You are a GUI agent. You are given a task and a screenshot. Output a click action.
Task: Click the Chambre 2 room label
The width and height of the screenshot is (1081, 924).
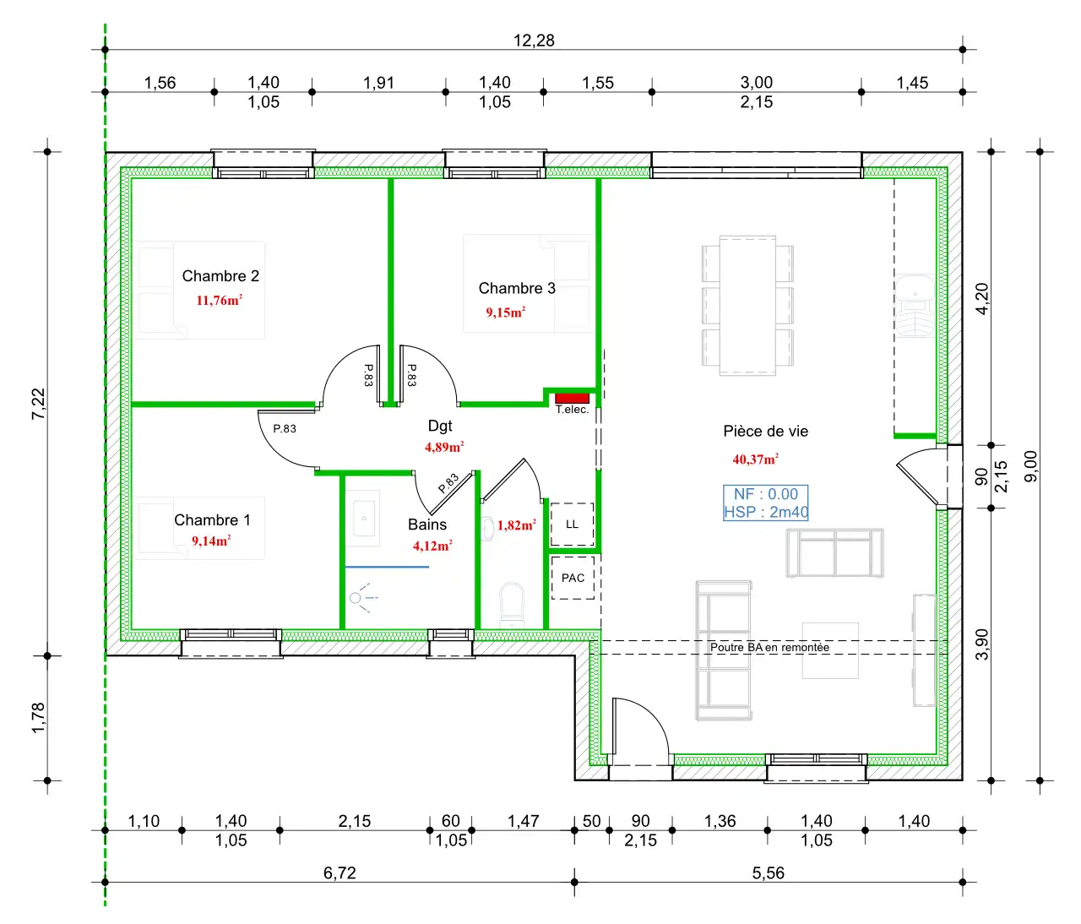pyautogui.click(x=220, y=276)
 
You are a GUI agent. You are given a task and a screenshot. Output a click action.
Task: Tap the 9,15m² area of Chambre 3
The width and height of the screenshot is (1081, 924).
pyautogui.click(x=505, y=313)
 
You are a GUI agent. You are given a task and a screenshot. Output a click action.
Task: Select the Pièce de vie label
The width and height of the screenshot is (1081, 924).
pyautogui.click(x=765, y=432)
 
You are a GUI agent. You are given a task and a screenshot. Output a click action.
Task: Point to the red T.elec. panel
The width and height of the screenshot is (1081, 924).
pyautogui.click(x=572, y=398)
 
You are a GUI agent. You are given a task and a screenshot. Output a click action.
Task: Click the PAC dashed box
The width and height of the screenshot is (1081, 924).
pyautogui.click(x=573, y=578)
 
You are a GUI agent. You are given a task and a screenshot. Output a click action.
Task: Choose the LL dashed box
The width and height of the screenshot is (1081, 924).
pyautogui.click(x=572, y=524)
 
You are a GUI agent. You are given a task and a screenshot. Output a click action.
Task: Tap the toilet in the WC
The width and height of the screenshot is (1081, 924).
pyautogui.click(x=512, y=605)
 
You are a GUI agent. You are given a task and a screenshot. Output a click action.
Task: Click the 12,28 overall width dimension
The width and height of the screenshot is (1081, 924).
pyautogui.click(x=534, y=41)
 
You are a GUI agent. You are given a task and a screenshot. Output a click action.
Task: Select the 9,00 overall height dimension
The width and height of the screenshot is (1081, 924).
pyautogui.click(x=1031, y=466)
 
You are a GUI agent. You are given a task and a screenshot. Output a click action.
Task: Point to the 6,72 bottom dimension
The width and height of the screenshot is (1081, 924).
pyautogui.click(x=340, y=872)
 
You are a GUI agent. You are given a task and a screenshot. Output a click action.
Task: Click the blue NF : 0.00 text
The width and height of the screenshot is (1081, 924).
pyautogui.click(x=766, y=494)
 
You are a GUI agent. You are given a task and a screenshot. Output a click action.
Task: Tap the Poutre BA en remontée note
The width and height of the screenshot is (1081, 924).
pyautogui.click(x=769, y=647)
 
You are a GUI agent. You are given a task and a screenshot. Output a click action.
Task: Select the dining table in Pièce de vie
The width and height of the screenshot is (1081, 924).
pyautogui.click(x=747, y=306)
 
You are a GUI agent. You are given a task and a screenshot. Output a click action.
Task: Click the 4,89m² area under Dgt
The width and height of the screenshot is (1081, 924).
pyautogui.click(x=444, y=447)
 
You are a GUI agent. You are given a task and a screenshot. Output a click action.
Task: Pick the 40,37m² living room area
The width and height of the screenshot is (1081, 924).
pyautogui.click(x=755, y=459)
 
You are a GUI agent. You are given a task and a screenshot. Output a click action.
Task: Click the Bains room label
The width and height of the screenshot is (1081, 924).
pyautogui.click(x=427, y=525)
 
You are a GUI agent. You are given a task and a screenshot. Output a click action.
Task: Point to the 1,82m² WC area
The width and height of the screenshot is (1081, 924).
pyautogui.click(x=517, y=525)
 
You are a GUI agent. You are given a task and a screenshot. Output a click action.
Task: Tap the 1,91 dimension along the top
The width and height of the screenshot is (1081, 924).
pyautogui.click(x=378, y=83)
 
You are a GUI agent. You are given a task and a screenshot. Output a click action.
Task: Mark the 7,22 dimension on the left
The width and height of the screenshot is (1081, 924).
pyautogui.click(x=39, y=404)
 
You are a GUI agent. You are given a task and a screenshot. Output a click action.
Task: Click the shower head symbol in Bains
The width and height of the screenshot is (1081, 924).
pyautogui.click(x=362, y=598)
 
